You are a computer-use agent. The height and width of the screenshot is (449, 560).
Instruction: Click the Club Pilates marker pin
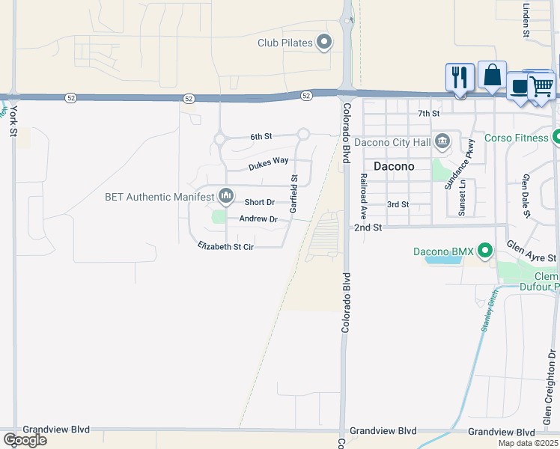324,43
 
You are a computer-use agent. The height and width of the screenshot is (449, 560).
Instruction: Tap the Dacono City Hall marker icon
442,141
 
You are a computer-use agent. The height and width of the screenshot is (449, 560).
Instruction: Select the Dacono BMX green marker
485,251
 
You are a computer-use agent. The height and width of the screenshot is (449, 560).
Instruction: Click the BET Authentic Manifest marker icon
225,198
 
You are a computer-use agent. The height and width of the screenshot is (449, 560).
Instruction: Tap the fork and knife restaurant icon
460,77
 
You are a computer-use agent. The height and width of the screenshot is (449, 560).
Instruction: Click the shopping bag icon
492,75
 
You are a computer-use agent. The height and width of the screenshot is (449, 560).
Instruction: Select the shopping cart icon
541,86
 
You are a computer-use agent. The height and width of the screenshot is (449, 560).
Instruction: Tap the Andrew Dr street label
258,219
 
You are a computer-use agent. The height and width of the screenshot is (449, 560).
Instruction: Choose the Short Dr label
260,202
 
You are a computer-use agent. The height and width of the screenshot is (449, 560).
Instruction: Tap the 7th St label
428,113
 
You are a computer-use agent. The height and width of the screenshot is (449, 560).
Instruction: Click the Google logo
25,439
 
